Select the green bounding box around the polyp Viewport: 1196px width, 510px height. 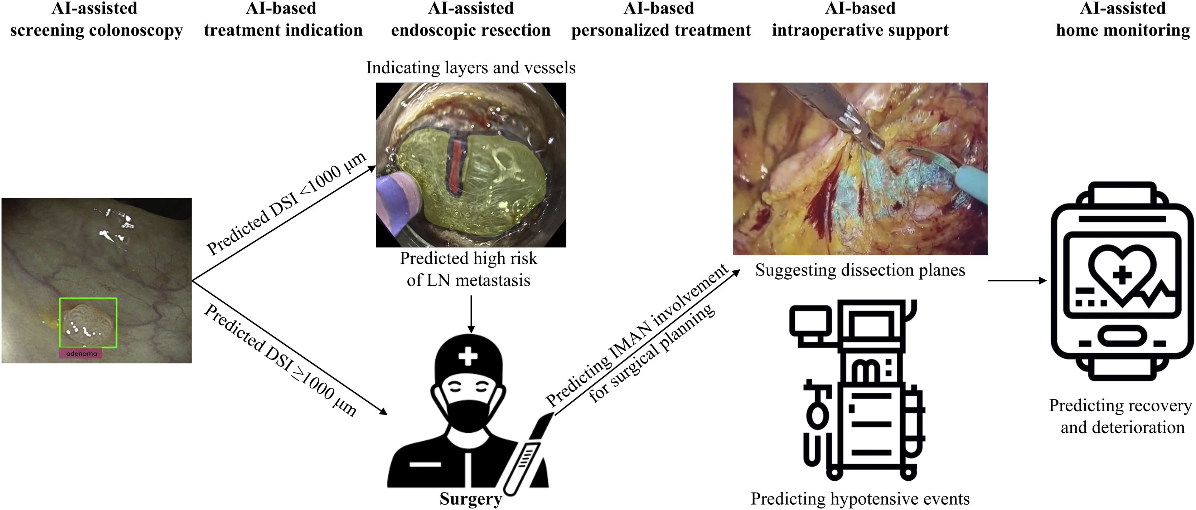pyautogui.click(x=88, y=299)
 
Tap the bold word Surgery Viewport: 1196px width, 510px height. pyautogui.click(x=470, y=499)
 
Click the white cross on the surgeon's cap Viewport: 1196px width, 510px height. pyautogui.click(x=468, y=357)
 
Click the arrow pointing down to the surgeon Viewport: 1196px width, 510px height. pyautogui.click(x=471, y=315)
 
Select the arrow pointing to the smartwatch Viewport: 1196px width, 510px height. pyautogui.click(x=1017, y=280)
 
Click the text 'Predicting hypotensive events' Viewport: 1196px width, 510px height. pyautogui.click(x=860, y=499)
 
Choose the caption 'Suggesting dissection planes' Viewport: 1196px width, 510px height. pyautogui.click(x=860, y=270)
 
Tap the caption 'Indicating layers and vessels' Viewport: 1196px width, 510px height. pyautogui.click(x=470, y=68)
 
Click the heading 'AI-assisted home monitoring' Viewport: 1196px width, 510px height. pyautogui.click(x=1123, y=19)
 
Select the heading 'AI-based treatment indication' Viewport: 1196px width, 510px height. pyautogui.click(x=283, y=19)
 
